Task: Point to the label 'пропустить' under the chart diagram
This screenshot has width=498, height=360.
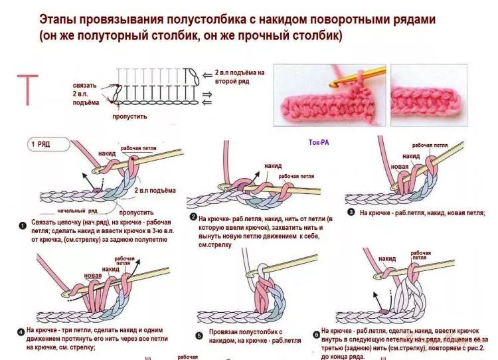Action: tap(129, 116)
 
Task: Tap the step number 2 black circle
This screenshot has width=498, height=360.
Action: tap(193, 218)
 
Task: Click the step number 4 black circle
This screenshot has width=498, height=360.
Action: tap(21, 330)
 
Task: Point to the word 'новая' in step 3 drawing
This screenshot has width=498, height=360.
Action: tap(399, 166)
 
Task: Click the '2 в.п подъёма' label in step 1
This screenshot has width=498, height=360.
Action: tap(155, 191)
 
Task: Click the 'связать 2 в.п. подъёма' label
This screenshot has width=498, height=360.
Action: tap(86, 94)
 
